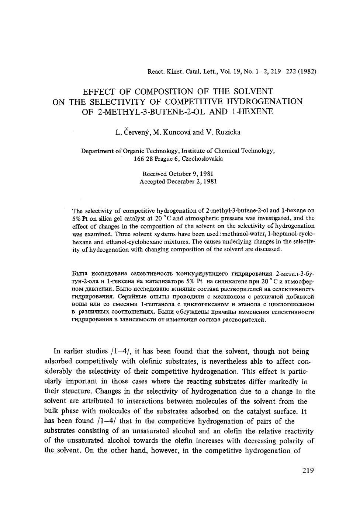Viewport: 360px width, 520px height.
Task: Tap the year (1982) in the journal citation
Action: click(x=307, y=71)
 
